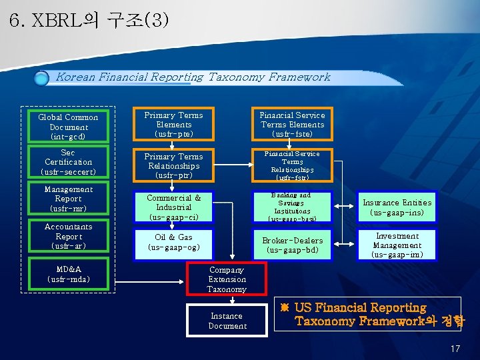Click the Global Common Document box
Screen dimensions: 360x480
pyautogui.click(x=68, y=127)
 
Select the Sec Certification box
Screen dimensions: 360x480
pyautogui.click(x=68, y=162)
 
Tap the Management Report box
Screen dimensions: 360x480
pyautogui.click(x=68, y=199)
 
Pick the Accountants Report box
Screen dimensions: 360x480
pyautogui.click(x=68, y=236)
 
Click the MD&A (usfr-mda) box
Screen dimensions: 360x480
pyautogui.click(x=68, y=274)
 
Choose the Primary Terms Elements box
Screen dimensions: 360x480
pyautogui.click(x=173, y=124)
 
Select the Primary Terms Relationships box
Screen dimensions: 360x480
pyautogui.click(x=173, y=165)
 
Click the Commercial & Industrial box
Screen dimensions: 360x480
pyautogui.click(x=173, y=207)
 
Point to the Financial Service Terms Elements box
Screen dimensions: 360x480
pyautogui.click(x=292, y=124)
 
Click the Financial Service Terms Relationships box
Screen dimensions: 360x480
pyautogui.click(x=292, y=165)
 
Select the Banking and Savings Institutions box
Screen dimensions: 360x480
pyautogui.click(x=292, y=207)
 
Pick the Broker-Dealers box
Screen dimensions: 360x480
pyautogui.click(x=292, y=245)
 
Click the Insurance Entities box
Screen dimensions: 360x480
pyautogui.click(x=397, y=207)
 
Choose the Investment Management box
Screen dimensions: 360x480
pyautogui.click(x=397, y=245)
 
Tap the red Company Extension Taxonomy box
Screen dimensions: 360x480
pyautogui.click(x=227, y=279)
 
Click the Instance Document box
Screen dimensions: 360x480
pyautogui.click(x=227, y=321)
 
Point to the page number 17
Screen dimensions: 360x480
pyautogui.click(x=455, y=349)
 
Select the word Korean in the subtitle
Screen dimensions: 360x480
pyautogui.click(x=75, y=77)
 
